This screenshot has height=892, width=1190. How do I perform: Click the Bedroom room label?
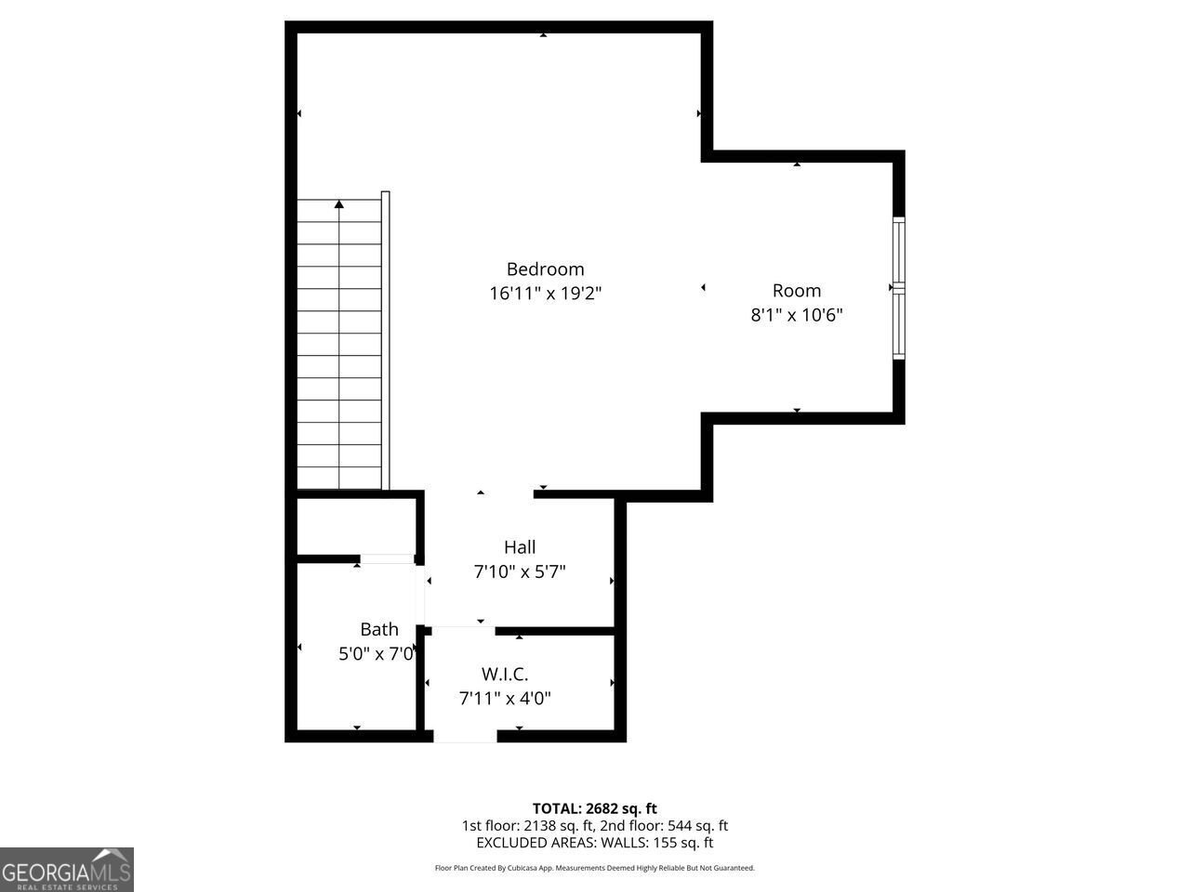545,269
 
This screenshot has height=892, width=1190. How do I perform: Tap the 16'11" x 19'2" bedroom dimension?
545,294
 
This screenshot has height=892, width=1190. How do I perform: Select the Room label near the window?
797,290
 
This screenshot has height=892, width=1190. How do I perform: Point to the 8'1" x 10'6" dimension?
797,315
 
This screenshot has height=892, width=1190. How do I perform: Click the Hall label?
520,547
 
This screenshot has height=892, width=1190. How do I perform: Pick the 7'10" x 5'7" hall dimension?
520,572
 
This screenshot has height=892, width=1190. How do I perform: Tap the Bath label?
379,629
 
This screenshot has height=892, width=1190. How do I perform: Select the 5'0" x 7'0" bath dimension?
376,654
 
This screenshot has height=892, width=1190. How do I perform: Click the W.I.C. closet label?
505,674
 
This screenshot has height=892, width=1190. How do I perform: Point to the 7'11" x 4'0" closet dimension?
505,698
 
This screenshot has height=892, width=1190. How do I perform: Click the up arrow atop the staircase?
339,203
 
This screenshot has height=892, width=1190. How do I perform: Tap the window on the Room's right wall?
898,288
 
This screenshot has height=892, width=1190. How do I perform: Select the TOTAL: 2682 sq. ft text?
594,808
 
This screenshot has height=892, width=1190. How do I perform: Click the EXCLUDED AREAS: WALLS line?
594,843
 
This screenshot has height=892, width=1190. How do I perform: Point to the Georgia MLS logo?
67,870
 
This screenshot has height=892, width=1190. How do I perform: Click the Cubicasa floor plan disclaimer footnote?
594,868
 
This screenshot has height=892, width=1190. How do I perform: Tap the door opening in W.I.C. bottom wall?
465,736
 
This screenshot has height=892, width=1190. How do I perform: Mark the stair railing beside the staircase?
386,339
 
